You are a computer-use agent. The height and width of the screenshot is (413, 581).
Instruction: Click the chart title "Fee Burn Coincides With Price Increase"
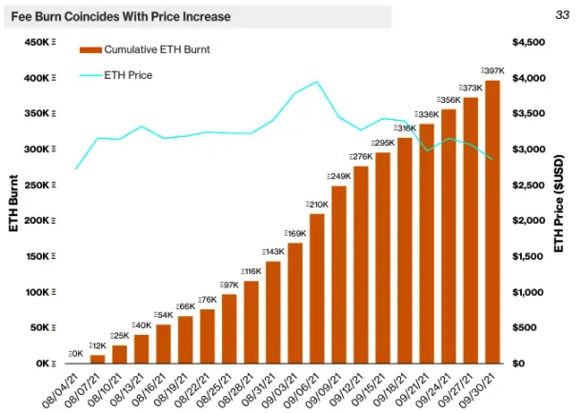tap(121, 17)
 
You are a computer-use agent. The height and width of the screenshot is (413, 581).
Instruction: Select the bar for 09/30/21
tap(492, 222)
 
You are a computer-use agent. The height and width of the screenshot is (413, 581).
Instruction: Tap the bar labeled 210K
tap(317, 288)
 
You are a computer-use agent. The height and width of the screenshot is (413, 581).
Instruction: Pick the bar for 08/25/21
tap(229, 328)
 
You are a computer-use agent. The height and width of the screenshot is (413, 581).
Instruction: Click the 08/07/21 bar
tap(97, 359)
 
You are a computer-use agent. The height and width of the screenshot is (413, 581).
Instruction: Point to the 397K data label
tap(492, 70)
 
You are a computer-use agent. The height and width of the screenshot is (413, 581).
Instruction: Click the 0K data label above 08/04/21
tap(75, 354)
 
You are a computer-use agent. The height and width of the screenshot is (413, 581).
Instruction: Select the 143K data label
tap(273, 252)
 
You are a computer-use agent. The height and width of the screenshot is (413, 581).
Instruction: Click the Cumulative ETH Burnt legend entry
tap(145, 49)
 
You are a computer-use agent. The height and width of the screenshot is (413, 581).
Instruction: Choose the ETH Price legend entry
tap(116, 75)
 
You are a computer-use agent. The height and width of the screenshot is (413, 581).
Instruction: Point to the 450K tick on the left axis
tap(40, 42)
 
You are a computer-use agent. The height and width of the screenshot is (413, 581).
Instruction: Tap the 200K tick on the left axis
tap(40, 221)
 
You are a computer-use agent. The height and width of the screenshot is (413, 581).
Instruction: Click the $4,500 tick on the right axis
tap(529, 42)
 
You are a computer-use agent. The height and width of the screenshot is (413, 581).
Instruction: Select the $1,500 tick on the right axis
tap(528, 256)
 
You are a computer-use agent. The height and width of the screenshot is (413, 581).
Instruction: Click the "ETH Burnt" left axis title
tap(13, 204)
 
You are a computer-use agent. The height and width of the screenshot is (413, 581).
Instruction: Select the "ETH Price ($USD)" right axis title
tap(559, 204)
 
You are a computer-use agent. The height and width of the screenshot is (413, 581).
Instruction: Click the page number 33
tap(562, 15)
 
